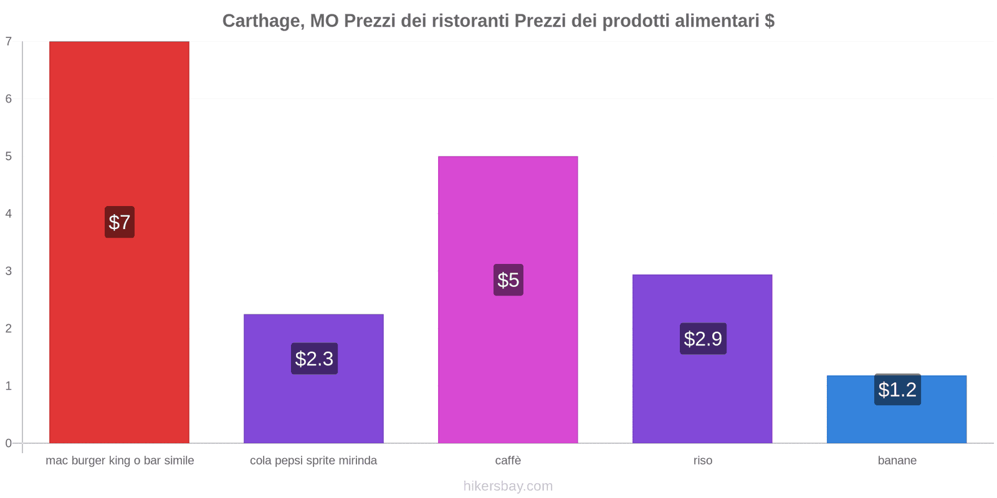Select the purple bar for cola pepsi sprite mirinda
coord(313,405)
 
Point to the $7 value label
coord(119,222)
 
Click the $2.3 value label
coord(314,359)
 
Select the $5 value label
coord(508,280)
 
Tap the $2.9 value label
coord(703,339)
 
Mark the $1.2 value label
coord(897,390)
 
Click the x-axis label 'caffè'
coord(508,461)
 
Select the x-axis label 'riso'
coord(702,461)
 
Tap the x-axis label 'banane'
coord(897,461)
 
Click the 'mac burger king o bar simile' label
coord(120,461)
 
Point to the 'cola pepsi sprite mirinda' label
coord(313,461)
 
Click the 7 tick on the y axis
coord(9,42)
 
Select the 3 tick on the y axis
coord(9,271)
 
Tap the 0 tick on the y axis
coord(9,443)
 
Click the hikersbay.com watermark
coord(508,486)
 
